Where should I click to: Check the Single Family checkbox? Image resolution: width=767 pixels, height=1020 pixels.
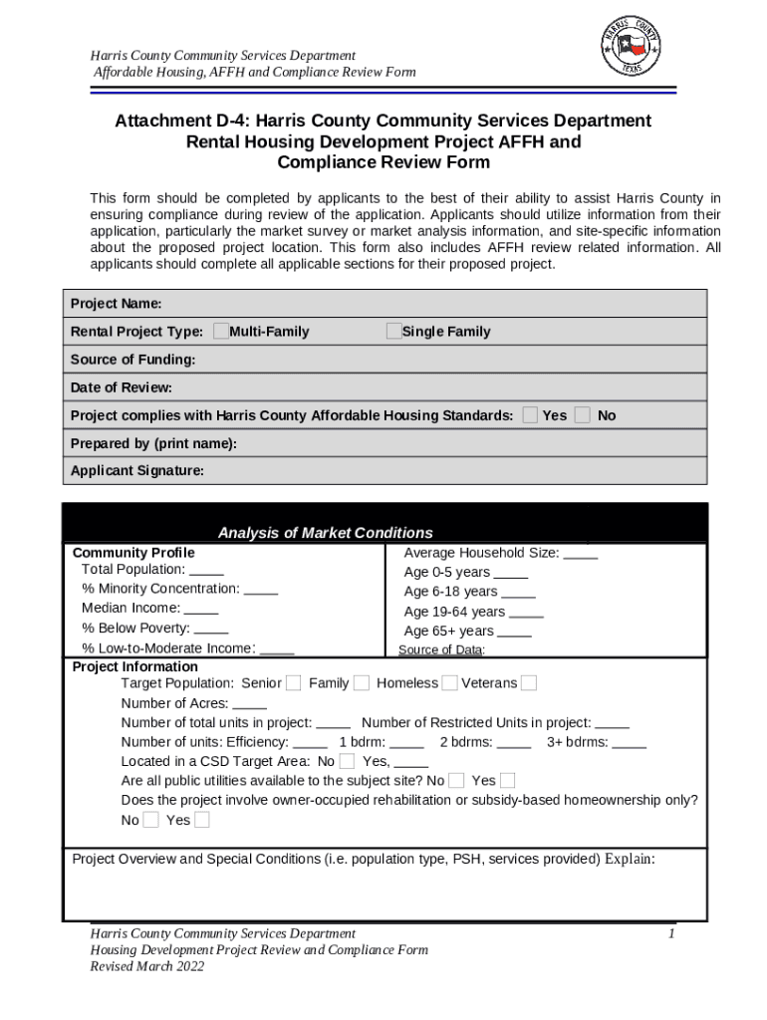point(394,332)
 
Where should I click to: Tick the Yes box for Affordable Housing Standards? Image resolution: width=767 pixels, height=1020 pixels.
point(531,415)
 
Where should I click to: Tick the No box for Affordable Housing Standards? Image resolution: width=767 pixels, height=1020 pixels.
point(583,415)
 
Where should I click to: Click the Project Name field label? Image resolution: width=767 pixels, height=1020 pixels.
point(116,303)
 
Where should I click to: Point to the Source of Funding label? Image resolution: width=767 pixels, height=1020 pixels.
point(132,360)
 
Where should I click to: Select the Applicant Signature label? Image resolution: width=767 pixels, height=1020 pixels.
point(136,471)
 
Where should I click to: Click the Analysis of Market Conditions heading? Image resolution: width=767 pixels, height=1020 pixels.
point(326,533)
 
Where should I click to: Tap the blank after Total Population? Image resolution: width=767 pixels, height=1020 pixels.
point(206,570)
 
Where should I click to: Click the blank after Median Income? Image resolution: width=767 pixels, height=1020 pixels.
point(201,609)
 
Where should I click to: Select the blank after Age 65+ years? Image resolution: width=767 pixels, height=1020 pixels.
point(514,632)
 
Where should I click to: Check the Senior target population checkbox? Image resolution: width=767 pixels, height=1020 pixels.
point(294,683)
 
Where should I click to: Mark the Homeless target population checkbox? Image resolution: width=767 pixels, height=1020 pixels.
point(450,683)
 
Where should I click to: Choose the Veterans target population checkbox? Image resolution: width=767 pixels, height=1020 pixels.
point(529,683)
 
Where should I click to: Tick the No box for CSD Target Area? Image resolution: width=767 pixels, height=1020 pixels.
point(347,762)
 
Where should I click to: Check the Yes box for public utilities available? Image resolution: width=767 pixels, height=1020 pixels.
point(508,781)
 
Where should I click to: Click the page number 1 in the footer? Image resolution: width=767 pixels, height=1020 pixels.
point(672,934)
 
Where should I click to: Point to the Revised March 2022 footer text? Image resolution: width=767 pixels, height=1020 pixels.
point(146,966)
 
